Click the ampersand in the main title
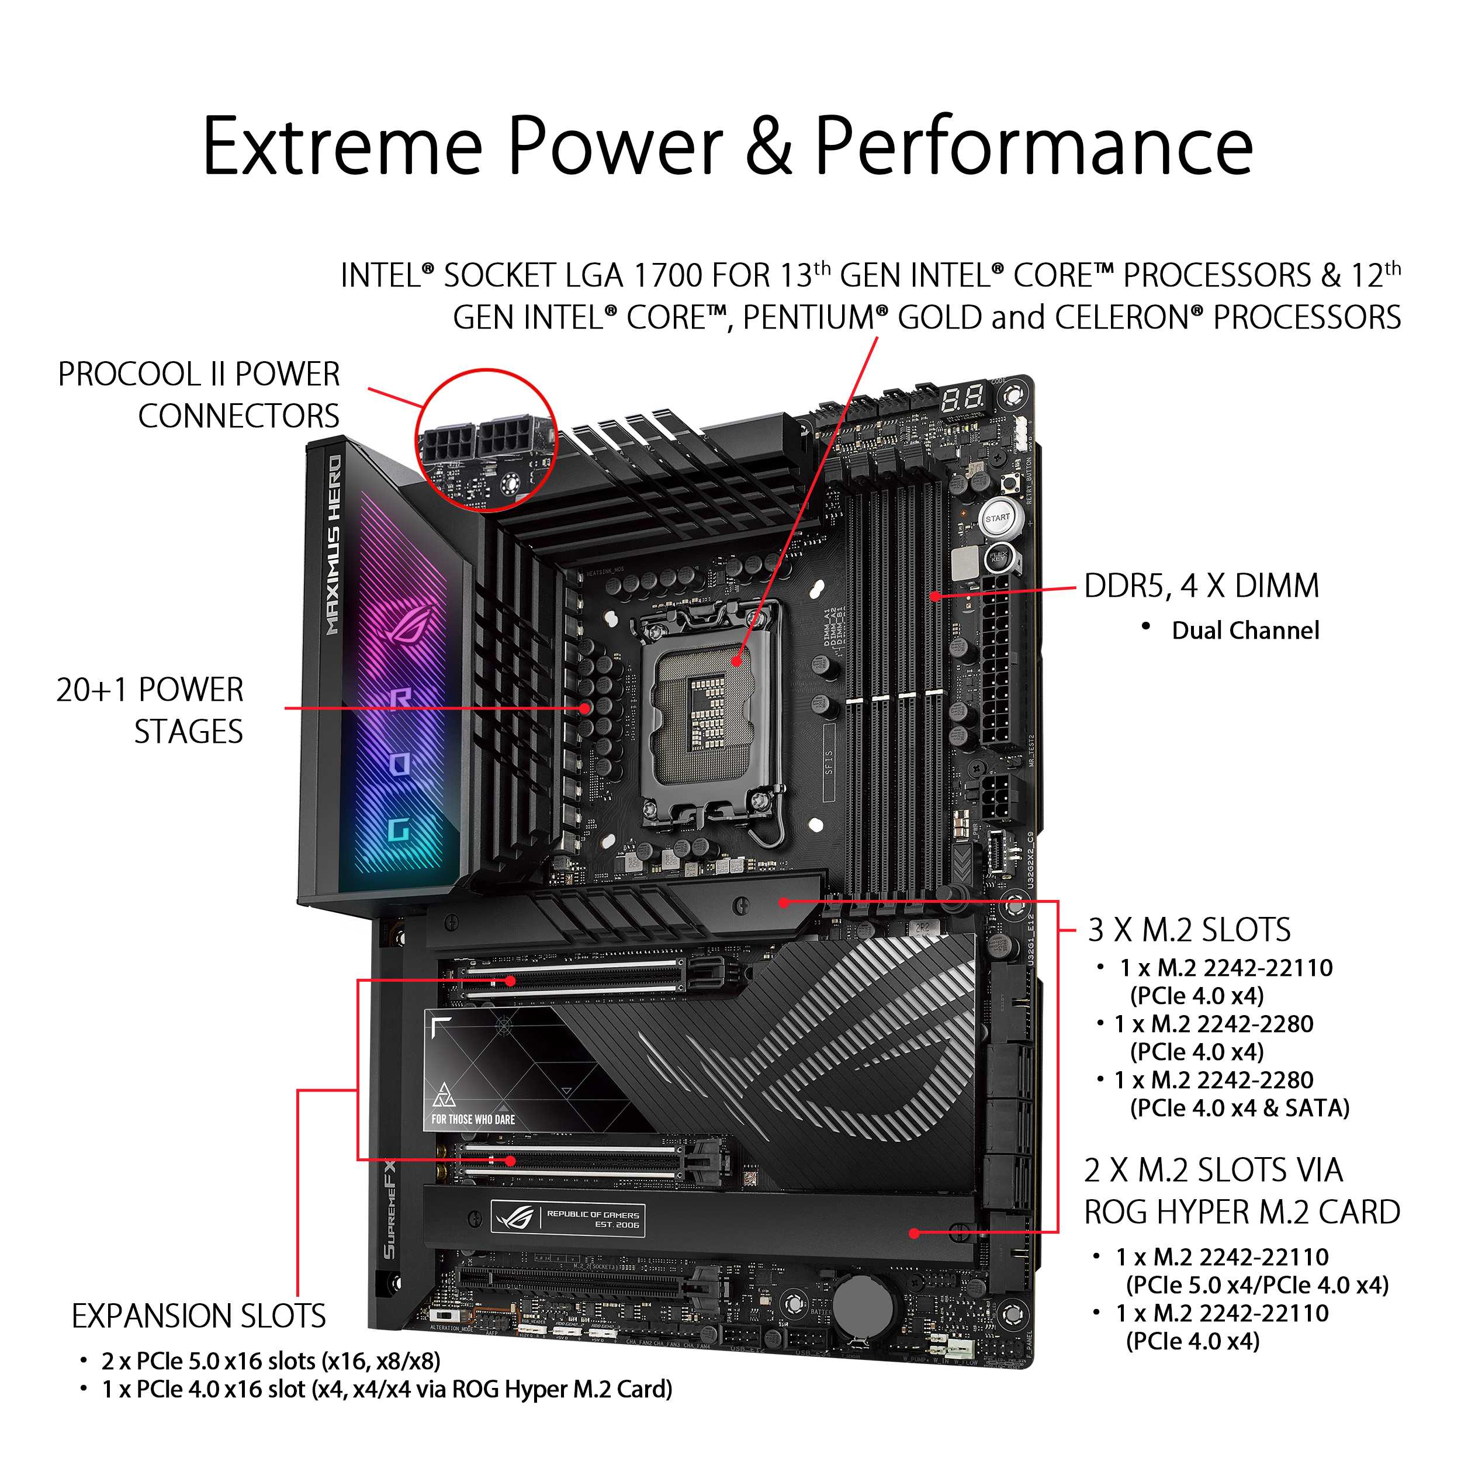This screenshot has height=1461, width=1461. tap(768, 146)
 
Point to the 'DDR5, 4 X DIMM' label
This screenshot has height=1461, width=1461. tap(1201, 586)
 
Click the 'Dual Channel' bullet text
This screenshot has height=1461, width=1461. tap(1245, 631)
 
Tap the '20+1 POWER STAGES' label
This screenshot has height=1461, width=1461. tap(150, 711)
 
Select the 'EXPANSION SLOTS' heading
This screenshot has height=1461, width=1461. tap(199, 1317)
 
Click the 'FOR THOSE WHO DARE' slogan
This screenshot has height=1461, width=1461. tap(473, 1119)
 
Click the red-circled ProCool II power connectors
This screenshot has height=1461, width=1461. tap(487, 441)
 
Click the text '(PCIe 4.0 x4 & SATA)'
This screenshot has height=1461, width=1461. tap(1240, 1109)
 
